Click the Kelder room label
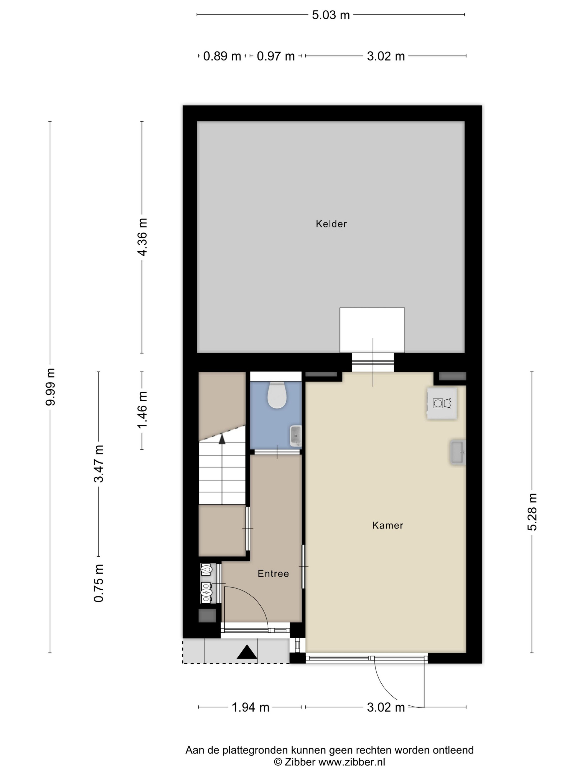pos(331,224)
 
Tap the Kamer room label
pos(388,525)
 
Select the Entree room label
pos(273,574)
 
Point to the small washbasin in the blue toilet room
pos(296,436)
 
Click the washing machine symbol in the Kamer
pos(442,404)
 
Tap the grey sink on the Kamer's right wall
pos(458,452)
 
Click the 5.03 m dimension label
pos(331,15)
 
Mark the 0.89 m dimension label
pos(222,56)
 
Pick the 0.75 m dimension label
pos(99,583)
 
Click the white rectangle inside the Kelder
pos(372,330)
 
